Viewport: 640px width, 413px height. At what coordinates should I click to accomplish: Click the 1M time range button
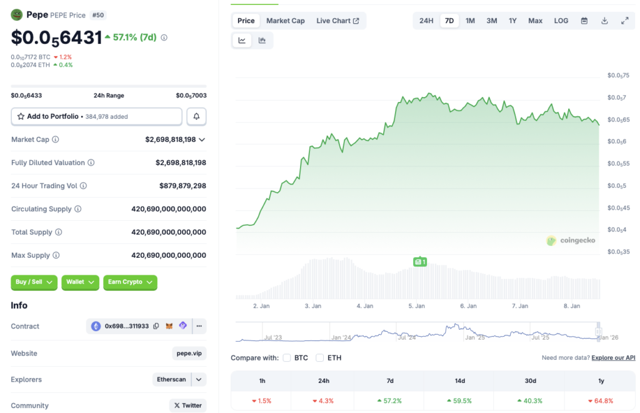click(470, 21)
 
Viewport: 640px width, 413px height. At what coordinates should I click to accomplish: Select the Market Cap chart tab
click(286, 21)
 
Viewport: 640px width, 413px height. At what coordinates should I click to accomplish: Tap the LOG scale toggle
click(561, 21)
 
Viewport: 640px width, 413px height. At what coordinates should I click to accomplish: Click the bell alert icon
click(196, 116)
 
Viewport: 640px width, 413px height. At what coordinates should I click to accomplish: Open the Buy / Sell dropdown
click(34, 282)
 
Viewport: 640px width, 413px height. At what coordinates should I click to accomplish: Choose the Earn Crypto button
click(130, 282)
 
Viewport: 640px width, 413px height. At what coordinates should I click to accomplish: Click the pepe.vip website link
click(189, 354)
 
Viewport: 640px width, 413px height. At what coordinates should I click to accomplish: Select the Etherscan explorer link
click(171, 379)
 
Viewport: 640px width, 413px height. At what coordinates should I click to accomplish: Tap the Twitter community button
click(187, 405)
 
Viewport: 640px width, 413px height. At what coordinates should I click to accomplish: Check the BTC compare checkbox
click(287, 358)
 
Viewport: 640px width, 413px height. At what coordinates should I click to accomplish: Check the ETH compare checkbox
click(320, 358)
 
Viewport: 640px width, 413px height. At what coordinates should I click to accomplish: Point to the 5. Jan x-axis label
click(416, 306)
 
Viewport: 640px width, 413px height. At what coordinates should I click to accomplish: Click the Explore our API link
click(613, 358)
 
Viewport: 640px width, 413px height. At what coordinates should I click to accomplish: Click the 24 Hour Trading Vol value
click(182, 186)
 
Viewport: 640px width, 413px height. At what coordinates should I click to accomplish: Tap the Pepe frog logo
click(17, 14)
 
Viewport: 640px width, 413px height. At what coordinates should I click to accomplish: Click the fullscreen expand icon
click(624, 21)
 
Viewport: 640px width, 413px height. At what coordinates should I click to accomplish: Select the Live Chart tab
click(337, 21)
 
